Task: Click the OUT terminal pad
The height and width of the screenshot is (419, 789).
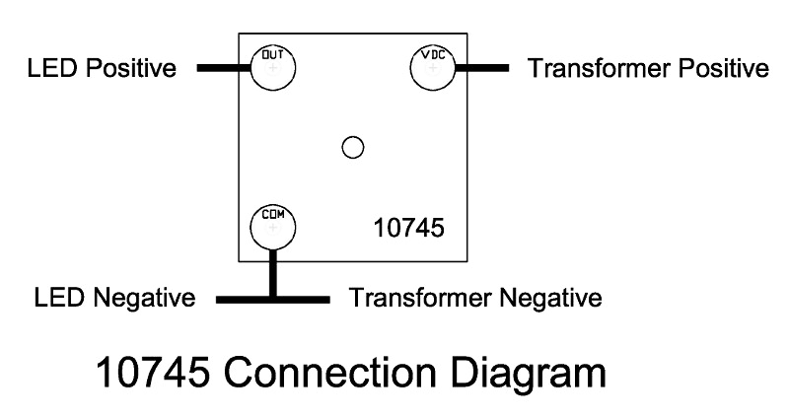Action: point(274,69)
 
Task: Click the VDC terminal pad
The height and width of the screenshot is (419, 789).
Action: point(432,69)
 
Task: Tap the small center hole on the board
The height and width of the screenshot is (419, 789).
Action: point(352,148)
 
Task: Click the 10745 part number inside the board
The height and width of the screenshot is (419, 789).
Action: point(408,228)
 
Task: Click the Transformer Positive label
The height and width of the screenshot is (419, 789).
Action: point(648,69)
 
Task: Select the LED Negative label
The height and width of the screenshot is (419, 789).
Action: point(113,297)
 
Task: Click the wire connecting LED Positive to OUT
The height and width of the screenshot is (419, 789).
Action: point(225,69)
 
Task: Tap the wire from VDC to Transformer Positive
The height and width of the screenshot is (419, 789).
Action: point(481,69)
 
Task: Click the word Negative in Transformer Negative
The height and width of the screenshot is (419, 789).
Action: point(552,297)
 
